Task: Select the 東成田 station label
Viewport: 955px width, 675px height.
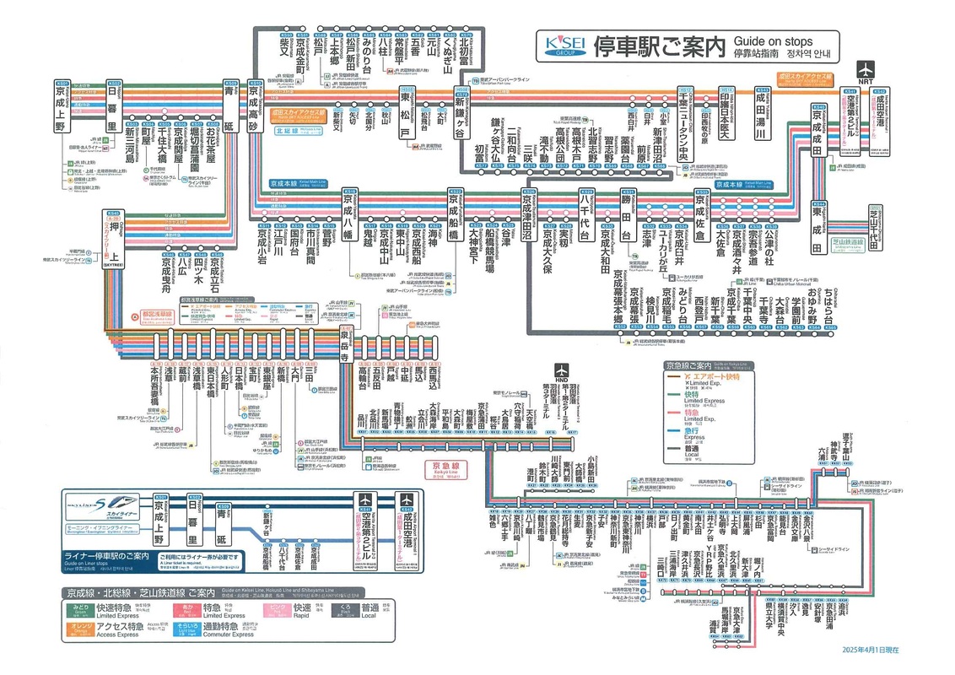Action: click(817, 226)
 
